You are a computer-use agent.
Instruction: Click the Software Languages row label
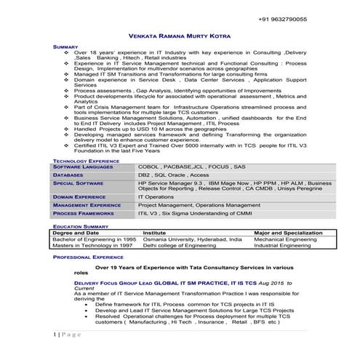coord(84,167)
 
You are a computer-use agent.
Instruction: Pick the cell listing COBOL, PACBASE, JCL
coord(185,167)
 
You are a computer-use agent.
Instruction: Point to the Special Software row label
coord(79,184)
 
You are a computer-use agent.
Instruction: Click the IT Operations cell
coord(156,196)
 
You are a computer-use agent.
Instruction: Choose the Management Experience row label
coord(87,205)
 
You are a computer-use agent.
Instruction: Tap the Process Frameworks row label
coord(84,214)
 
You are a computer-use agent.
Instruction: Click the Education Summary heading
coord(81,227)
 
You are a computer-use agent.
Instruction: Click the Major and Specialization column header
coord(288,233)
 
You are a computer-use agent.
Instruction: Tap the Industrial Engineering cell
coord(281,246)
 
